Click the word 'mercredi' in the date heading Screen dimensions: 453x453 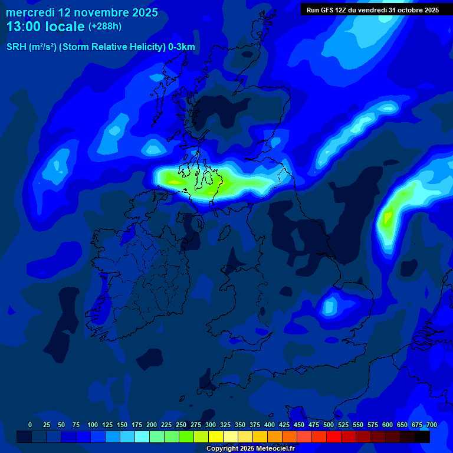click(x=31, y=12)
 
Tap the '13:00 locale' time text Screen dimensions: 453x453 click(x=45, y=27)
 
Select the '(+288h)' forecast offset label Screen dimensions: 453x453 click(x=104, y=27)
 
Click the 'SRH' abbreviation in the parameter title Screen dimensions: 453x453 click(x=16, y=47)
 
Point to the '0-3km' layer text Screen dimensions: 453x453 click(x=181, y=47)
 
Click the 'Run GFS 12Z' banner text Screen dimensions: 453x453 click(x=327, y=10)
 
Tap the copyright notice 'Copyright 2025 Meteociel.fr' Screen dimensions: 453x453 click(x=250, y=448)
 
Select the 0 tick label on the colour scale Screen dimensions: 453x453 click(x=30, y=425)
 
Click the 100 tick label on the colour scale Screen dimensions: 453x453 click(x=93, y=425)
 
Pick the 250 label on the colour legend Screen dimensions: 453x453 click(x=181, y=425)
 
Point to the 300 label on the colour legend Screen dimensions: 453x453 click(x=211, y=425)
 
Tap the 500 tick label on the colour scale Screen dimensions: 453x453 click(x=329, y=425)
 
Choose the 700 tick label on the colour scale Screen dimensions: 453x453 click(x=432, y=425)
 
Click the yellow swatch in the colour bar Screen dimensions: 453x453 click(x=216, y=436)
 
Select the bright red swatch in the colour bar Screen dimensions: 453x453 click(x=334, y=436)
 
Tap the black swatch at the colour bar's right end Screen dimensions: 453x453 click(x=422, y=436)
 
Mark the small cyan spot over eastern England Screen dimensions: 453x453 click(x=329, y=306)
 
